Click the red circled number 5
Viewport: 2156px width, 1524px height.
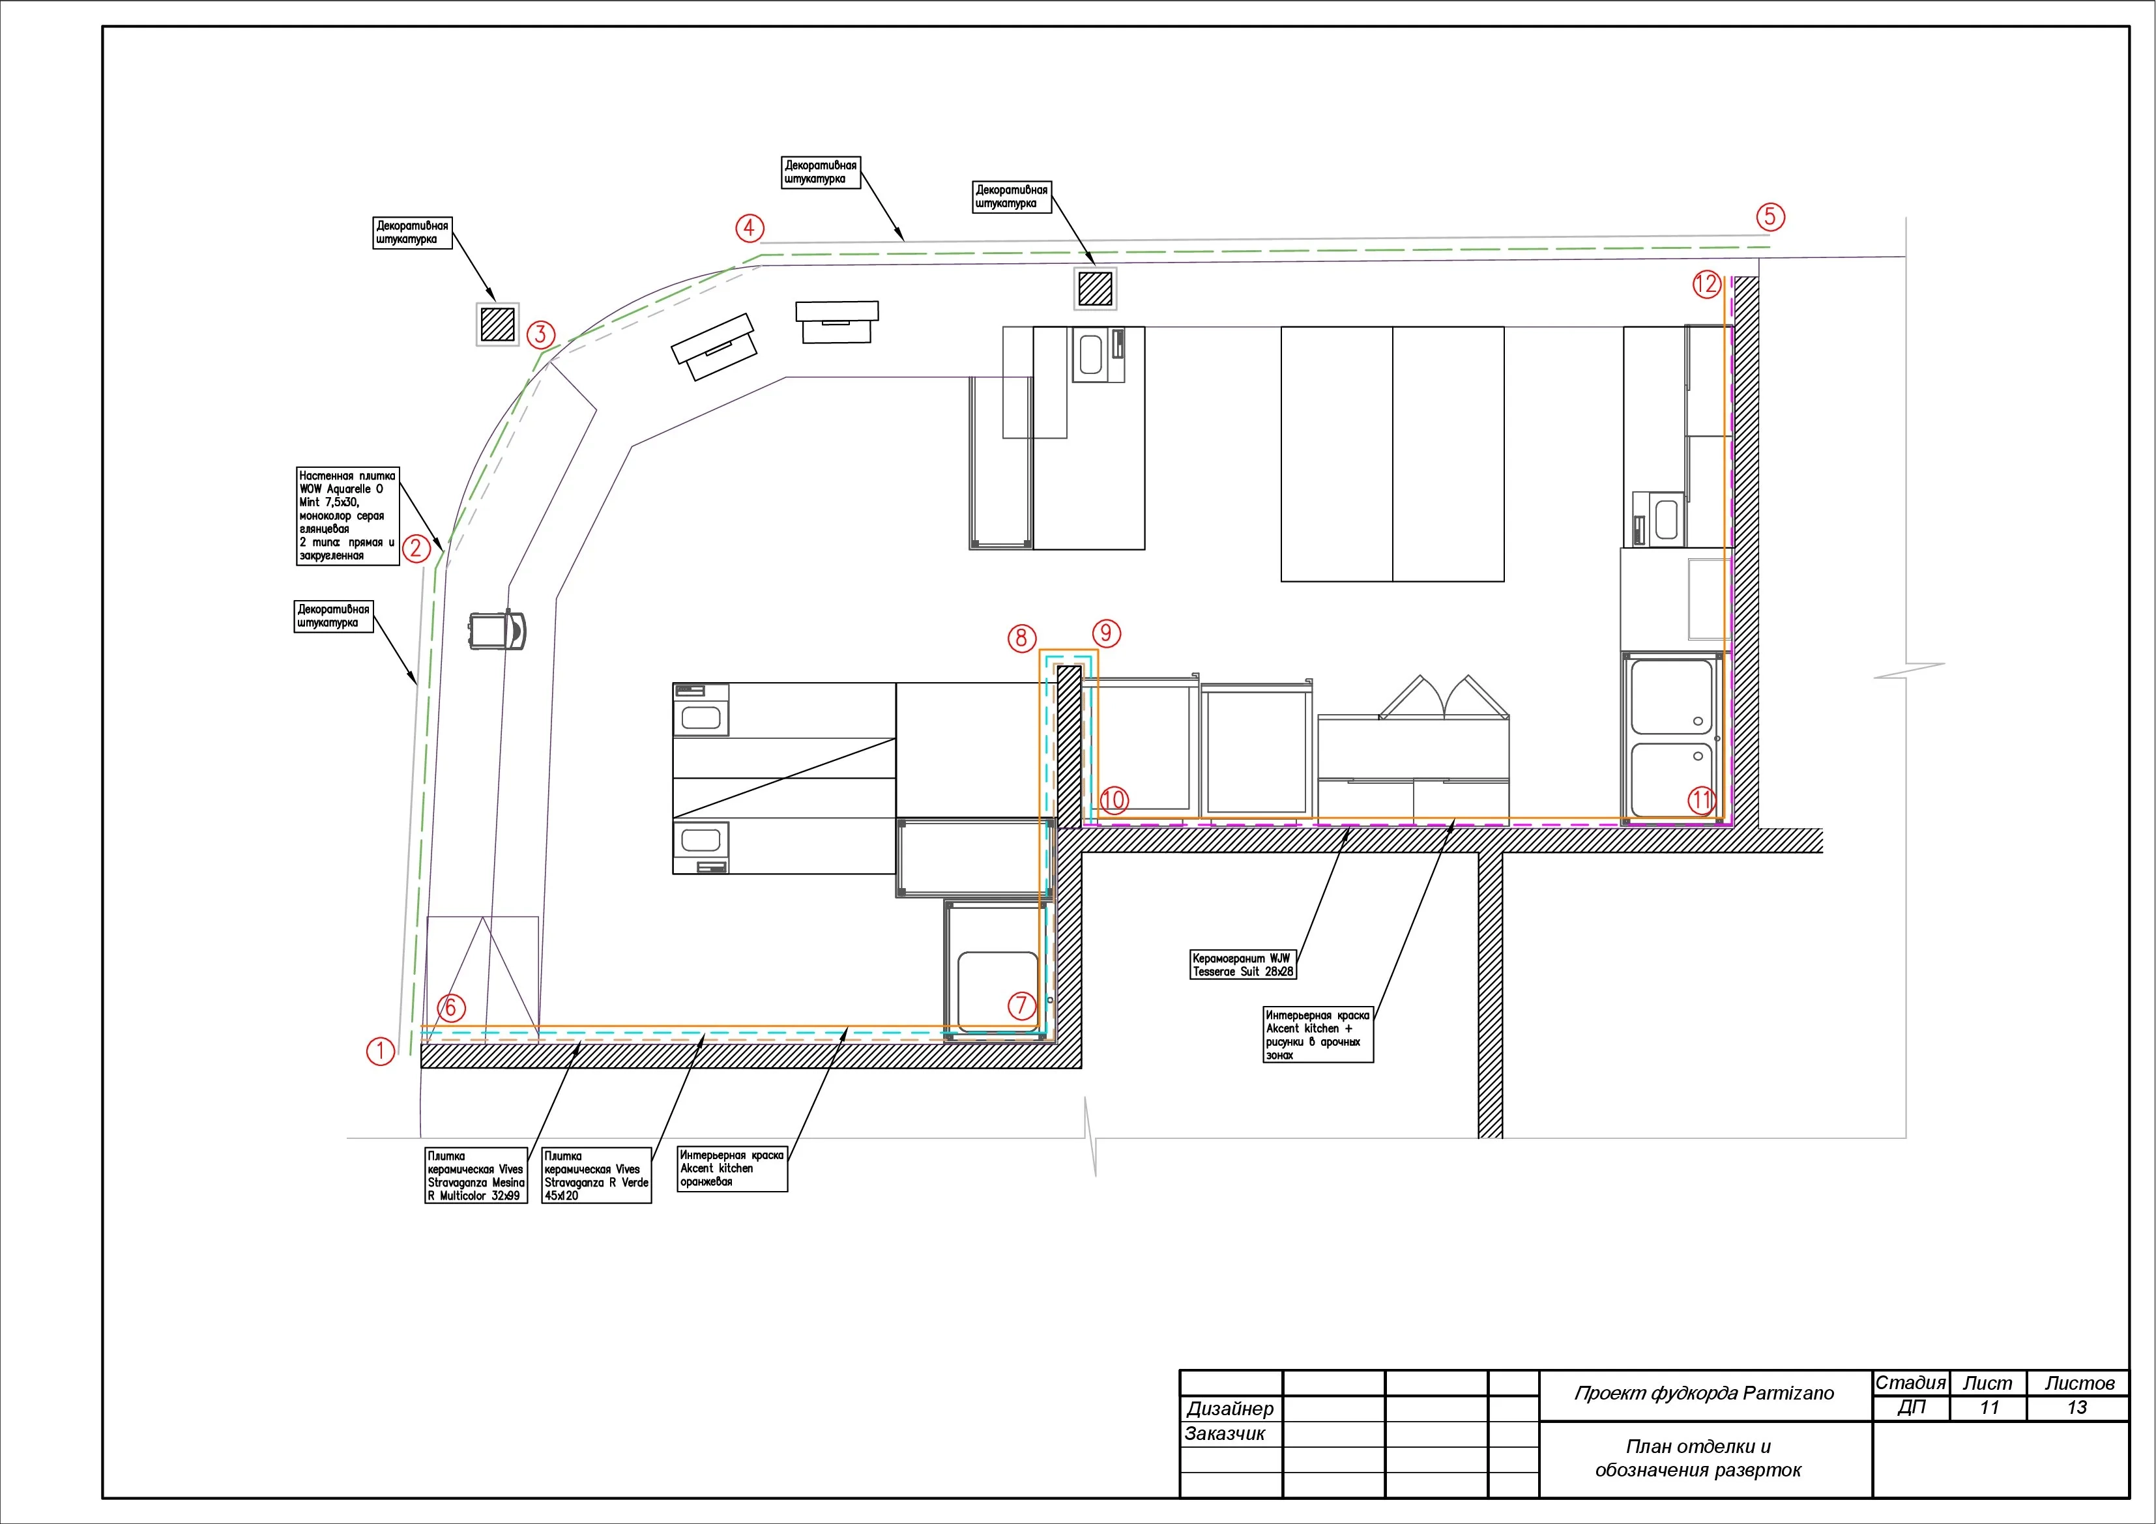pos(1770,217)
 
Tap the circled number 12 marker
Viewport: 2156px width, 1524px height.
pos(1706,283)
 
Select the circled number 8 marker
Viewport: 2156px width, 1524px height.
pos(1022,639)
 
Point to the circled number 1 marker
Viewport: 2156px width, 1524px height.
pos(381,1051)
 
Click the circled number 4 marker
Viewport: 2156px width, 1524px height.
pos(750,228)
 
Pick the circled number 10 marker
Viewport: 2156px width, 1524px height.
pos(1114,800)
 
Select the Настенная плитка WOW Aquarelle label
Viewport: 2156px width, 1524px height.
pos(347,515)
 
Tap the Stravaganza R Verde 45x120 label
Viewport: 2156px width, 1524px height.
pos(596,1175)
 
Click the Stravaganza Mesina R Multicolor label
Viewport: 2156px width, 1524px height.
pos(476,1175)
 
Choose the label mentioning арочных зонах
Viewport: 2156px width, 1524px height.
pos(1318,1035)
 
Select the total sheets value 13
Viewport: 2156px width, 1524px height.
pos(2077,1407)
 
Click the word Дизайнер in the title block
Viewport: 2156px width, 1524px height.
pos(1230,1409)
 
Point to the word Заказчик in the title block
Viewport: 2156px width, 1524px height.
pos(1225,1434)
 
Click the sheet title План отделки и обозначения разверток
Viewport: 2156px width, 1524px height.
pos(1698,1458)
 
